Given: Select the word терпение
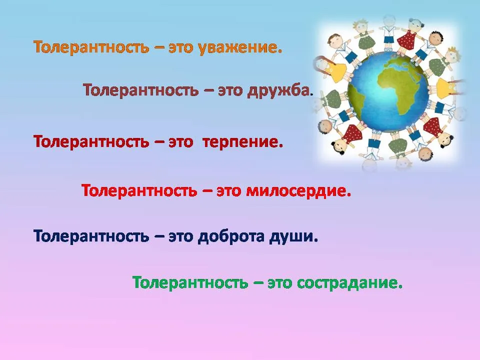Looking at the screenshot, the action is pos(242,142).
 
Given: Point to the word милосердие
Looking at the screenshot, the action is pos(298,190).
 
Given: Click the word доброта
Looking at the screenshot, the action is pos(231,236).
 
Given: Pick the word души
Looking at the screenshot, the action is pos(293,236).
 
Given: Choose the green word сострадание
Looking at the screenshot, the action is pos(349,282).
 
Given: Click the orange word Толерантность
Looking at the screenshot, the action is pos(91,47).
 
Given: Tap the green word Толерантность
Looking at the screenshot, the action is pos(190,282).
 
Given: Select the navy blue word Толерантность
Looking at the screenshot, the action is pos(91,236).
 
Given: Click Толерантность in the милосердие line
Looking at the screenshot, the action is pos(139,190).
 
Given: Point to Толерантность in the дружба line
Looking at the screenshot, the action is pos(141,90).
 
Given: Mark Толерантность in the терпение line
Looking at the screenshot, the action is pos(91,141).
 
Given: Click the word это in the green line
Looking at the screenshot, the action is pos(279,283).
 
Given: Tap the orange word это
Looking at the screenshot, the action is pos(180,48).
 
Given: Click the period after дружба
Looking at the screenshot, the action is pos(311,95).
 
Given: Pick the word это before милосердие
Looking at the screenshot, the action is pos(228,191).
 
